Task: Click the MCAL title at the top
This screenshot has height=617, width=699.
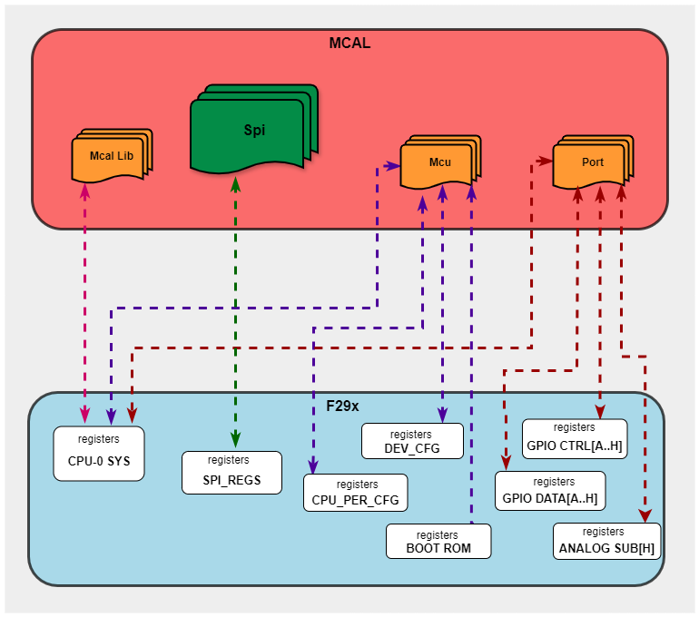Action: coord(349,43)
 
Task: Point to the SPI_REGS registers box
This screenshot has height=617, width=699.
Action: coord(233,472)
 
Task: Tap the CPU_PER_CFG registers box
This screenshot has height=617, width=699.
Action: coord(356,493)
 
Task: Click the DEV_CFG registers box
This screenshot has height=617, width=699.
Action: coord(412,441)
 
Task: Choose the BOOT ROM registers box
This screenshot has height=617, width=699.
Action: coord(438,541)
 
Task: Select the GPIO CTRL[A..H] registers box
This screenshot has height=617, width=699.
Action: coord(575,437)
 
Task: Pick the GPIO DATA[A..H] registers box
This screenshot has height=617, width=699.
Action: coord(550,491)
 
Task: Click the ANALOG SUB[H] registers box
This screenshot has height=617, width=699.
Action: coord(606,541)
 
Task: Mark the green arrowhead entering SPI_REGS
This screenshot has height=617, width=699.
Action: coord(235,442)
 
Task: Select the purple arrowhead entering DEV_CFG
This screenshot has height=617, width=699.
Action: coord(442,416)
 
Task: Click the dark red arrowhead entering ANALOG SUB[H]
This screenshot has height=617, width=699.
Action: coord(645,515)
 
